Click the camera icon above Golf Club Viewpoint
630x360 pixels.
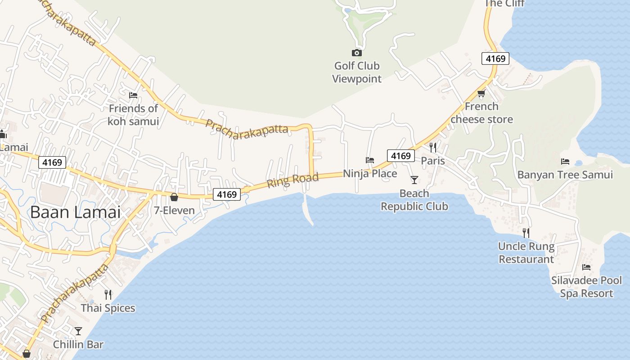(x=356, y=53)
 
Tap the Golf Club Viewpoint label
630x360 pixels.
(x=356, y=72)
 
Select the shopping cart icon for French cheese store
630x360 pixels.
(x=481, y=94)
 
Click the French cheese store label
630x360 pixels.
(x=481, y=113)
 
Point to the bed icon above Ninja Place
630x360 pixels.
(x=370, y=160)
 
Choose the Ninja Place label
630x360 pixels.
(x=370, y=173)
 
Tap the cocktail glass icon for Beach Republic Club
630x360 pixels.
(x=414, y=180)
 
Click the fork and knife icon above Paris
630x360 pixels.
(x=433, y=147)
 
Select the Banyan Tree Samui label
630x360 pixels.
(x=565, y=175)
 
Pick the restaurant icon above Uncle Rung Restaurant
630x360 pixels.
(x=526, y=233)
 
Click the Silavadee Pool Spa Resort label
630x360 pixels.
(x=586, y=287)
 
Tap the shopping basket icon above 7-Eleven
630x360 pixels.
(x=174, y=197)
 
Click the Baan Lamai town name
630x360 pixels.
(x=76, y=212)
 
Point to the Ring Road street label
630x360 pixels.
(x=293, y=180)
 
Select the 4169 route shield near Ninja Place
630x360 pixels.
(x=401, y=156)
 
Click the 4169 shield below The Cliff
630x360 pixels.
(x=495, y=58)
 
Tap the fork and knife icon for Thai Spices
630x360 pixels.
(x=108, y=295)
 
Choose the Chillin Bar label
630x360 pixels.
(x=78, y=345)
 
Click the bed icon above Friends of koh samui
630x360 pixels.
(x=133, y=95)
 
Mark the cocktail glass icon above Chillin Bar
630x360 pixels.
(x=78, y=331)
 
